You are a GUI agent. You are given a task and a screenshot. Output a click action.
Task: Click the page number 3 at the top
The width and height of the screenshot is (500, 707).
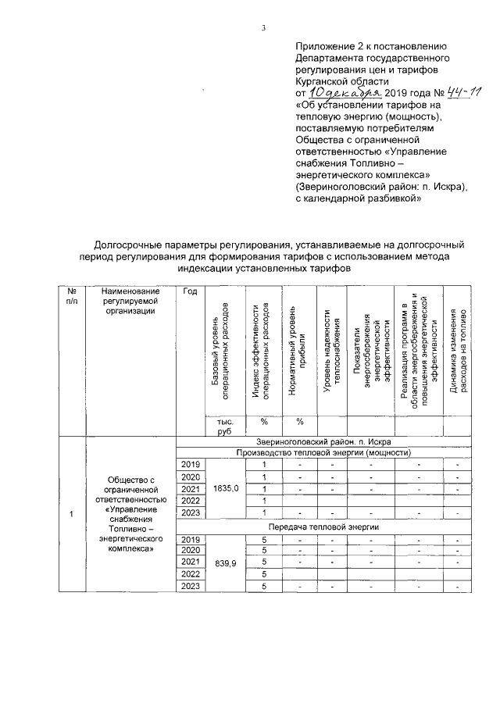click(263, 29)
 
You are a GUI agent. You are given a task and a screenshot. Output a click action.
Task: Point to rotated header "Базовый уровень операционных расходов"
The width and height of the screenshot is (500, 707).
click(220, 348)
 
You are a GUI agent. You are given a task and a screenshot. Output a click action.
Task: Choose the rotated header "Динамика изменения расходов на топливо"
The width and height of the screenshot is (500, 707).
click(458, 348)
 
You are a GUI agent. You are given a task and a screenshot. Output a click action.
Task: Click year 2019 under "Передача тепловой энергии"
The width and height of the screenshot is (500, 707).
click(190, 539)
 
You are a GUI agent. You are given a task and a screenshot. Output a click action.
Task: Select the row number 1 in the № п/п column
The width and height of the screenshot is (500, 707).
click(72, 514)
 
